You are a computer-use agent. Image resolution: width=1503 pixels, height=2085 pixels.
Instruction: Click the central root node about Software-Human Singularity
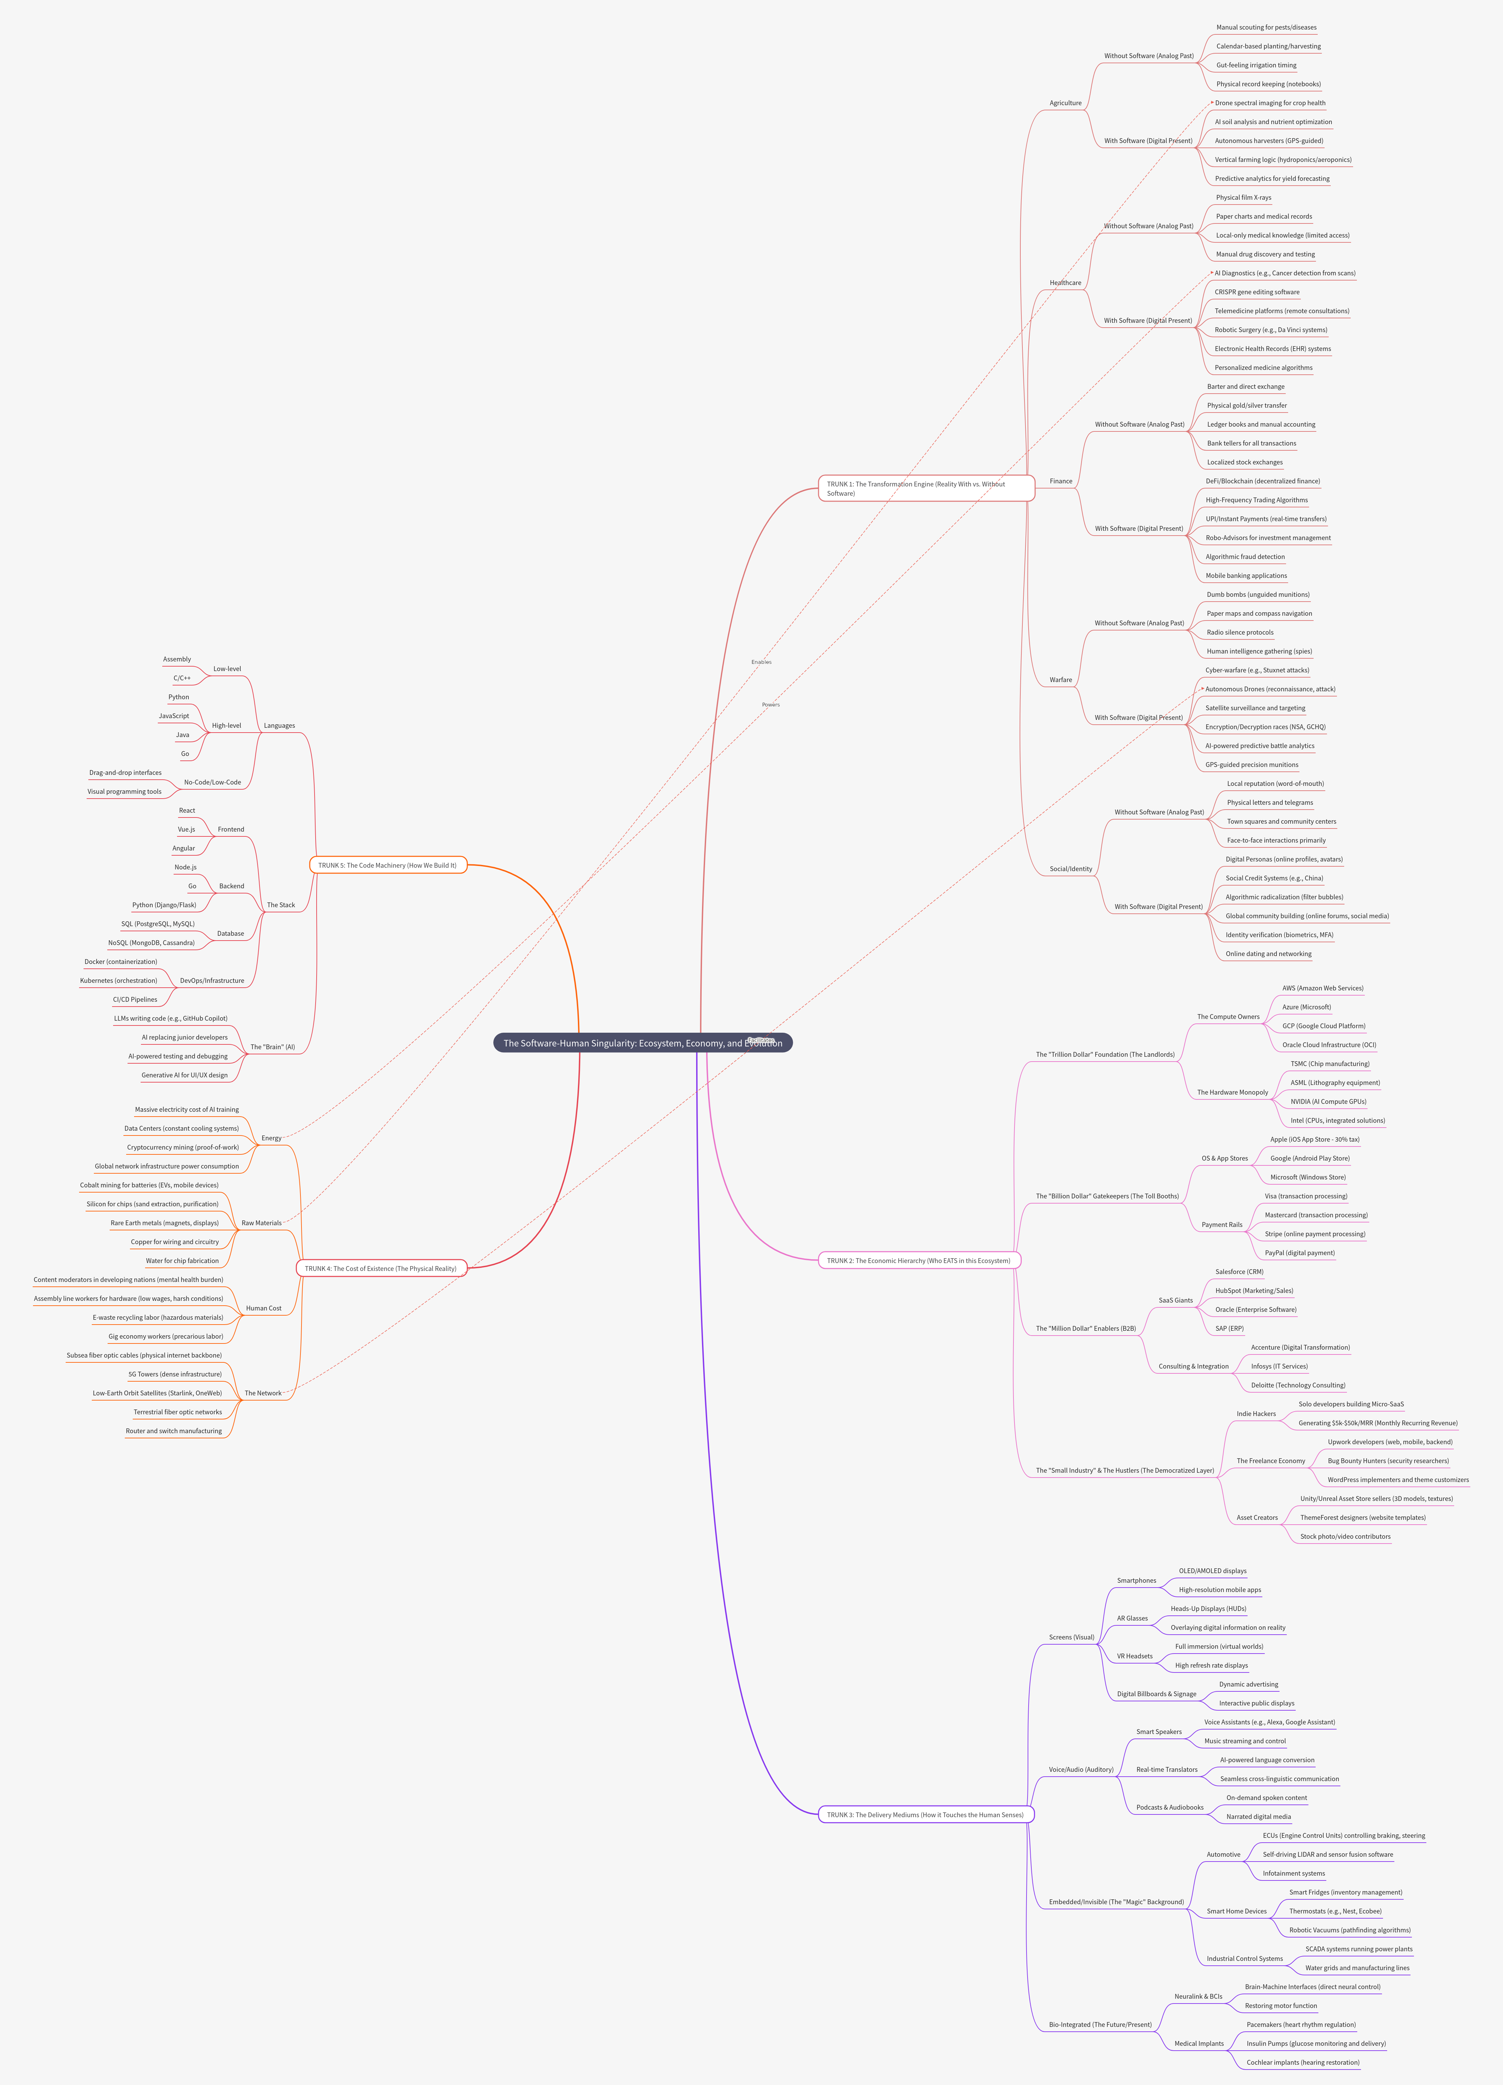(641, 1042)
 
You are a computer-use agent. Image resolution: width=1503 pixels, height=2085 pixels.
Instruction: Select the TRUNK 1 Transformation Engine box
(926, 488)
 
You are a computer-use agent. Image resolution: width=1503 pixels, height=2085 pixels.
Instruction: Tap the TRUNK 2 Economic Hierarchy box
(918, 1260)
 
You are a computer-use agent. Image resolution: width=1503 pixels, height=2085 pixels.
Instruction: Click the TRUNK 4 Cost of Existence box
(381, 1268)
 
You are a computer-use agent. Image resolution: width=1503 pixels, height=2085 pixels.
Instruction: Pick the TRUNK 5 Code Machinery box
(387, 865)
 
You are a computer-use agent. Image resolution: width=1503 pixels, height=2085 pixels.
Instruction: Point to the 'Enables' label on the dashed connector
(761, 662)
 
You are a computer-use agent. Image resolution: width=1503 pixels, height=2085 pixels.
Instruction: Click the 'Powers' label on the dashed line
(770, 704)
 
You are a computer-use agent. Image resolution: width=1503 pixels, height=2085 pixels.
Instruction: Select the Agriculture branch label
(1065, 103)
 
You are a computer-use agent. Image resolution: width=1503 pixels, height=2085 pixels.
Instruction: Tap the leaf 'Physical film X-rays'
(1243, 198)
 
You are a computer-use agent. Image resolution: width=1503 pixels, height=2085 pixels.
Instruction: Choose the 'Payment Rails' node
(1222, 1225)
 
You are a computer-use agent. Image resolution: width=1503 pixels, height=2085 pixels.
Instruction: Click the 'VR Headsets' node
(1134, 1656)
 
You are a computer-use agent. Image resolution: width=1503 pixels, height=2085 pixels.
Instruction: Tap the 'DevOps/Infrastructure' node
(212, 980)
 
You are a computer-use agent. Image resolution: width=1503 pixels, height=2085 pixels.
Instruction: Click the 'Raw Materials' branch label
(261, 1223)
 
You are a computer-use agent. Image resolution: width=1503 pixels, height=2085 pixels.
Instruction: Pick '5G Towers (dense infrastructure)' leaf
(175, 1373)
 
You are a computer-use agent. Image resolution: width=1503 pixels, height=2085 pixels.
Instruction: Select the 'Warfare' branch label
(1061, 679)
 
